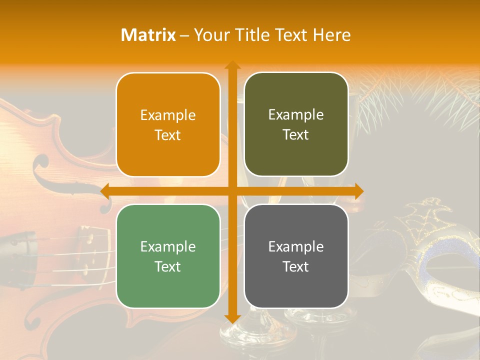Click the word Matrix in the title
click(x=148, y=35)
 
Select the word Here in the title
click(x=332, y=35)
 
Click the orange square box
click(x=168, y=124)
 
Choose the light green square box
click(x=168, y=256)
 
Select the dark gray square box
click(x=296, y=256)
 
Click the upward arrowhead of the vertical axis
click(x=232, y=65)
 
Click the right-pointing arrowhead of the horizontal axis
click(x=358, y=191)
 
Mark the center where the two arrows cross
click(x=232, y=191)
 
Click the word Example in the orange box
click(x=168, y=115)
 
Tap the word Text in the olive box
click(x=296, y=134)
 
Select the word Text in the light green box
click(x=168, y=266)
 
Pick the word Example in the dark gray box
click(x=296, y=246)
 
